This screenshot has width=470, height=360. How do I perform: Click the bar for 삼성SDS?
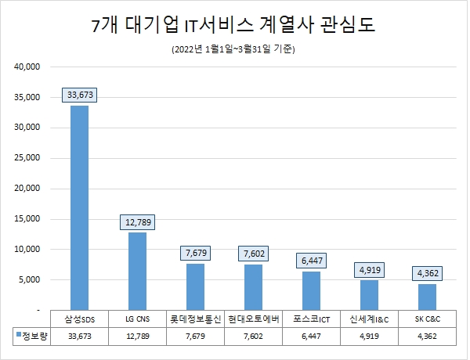coord(79,207)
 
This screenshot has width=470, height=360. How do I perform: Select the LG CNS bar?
coord(137,271)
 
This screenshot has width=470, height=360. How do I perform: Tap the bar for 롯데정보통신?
coord(195,286)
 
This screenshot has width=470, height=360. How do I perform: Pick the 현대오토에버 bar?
coord(253,286)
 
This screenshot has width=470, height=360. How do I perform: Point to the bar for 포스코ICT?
coord(311,290)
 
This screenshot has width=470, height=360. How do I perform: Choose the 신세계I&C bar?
coord(369,295)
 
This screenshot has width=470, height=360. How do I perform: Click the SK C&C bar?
coord(427,297)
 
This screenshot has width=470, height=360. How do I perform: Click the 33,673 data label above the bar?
coord(79,95)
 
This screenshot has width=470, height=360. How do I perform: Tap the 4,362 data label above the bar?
coord(428,274)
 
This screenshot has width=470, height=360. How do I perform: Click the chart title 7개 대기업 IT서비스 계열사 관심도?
coord(233,25)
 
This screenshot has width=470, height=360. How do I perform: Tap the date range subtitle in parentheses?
coord(233,50)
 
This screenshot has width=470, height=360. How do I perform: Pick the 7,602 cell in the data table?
coord(253,336)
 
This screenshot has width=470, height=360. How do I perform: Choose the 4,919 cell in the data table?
coord(369,336)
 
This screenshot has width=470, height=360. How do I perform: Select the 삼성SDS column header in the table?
coord(79,319)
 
